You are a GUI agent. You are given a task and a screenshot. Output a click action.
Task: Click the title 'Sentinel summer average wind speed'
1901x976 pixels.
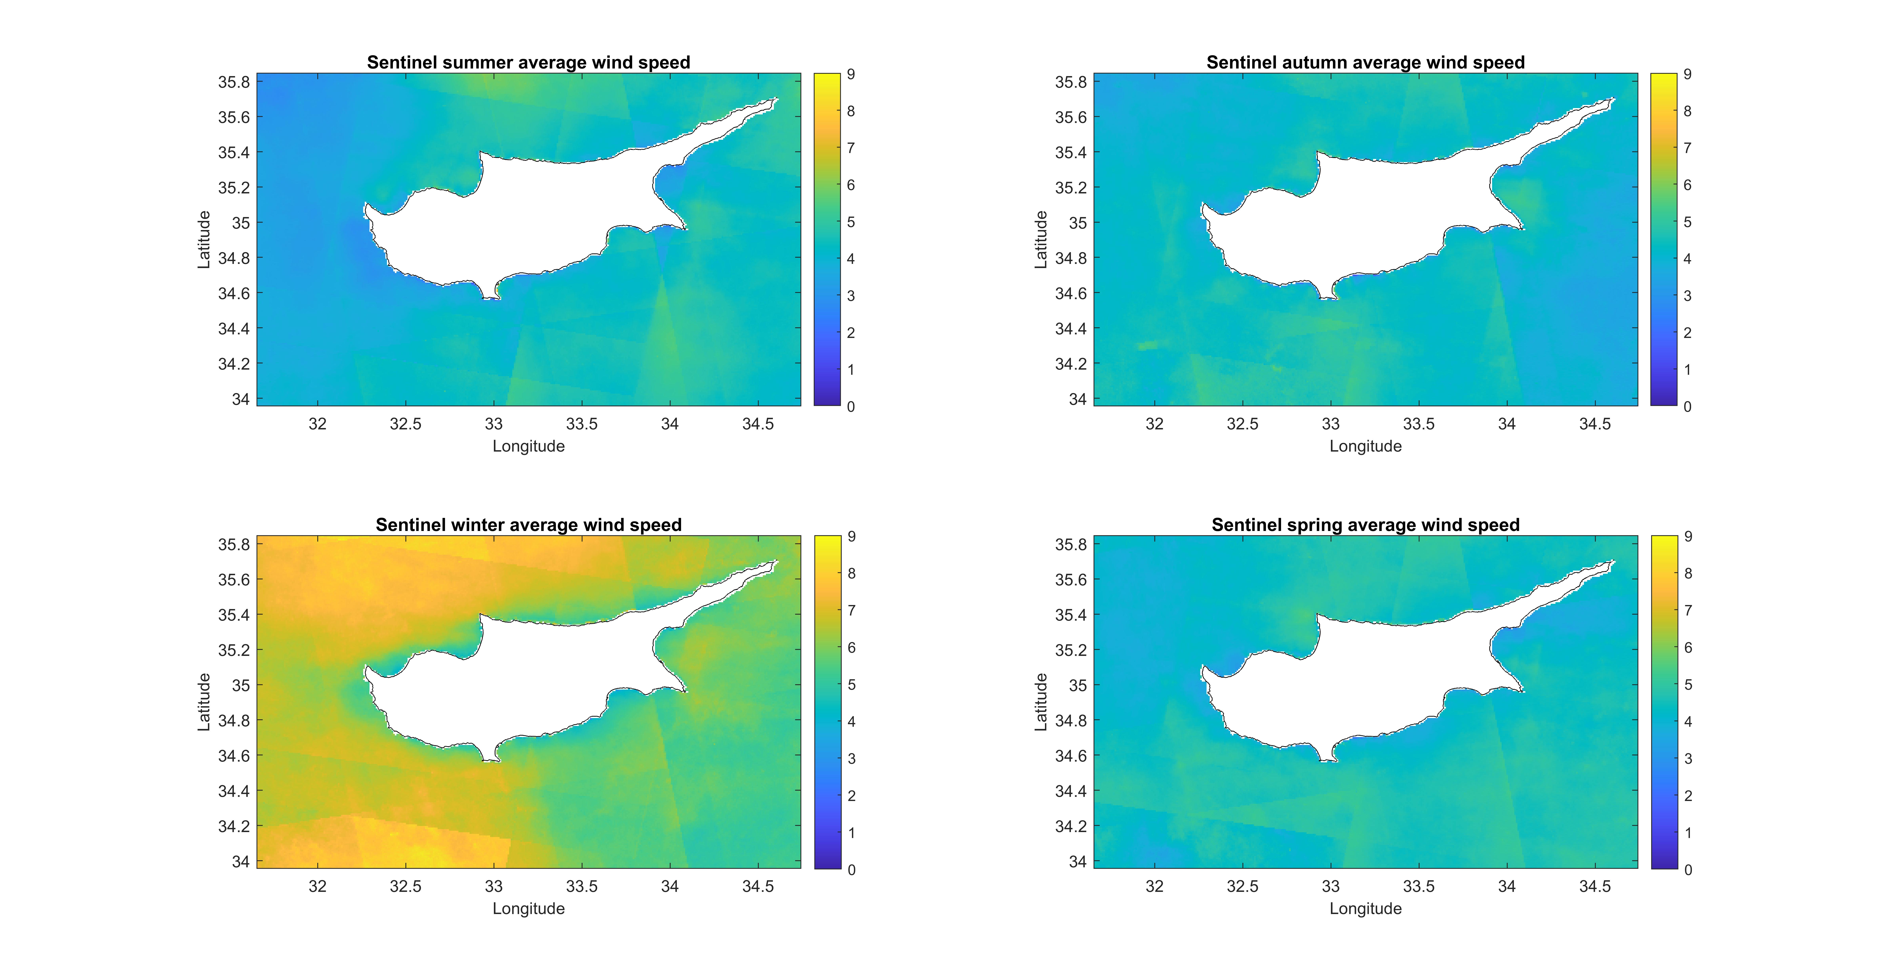(528, 63)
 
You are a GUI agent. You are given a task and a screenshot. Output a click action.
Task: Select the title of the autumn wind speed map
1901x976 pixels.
(1365, 63)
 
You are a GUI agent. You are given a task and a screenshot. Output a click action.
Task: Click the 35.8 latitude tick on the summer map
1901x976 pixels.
(234, 82)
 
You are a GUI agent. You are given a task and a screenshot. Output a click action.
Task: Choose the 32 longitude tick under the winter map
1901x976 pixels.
(317, 886)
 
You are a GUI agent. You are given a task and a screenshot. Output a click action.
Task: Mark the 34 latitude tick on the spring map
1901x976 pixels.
(1077, 861)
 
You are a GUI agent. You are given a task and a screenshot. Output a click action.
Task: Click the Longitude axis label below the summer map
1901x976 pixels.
(528, 446)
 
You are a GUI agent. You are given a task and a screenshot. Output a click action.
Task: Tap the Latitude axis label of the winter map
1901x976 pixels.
(204, 702)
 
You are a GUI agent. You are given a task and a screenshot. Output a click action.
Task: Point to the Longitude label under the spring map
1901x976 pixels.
(1365, 909)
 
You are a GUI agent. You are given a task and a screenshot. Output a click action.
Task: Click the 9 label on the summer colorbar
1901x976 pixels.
(851, 74)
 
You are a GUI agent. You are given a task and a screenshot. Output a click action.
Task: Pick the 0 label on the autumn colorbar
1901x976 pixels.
(1688, 406)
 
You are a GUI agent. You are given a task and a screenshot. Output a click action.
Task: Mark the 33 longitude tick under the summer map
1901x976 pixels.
(494, 424)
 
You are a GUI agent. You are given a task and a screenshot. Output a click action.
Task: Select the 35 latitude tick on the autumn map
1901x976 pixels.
(1077, 223)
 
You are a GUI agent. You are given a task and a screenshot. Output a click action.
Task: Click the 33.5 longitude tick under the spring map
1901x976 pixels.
(1418, 886)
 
